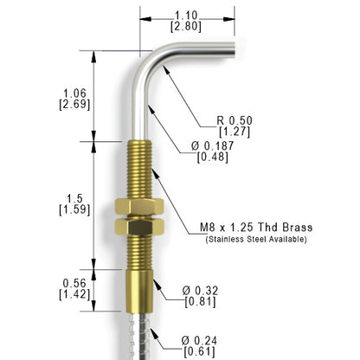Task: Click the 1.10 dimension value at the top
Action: [x=186, y=16]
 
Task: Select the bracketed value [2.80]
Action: [x=186, y=27]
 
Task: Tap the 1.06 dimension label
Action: [x=74, y=93]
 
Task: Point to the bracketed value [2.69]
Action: [x=74, y=105]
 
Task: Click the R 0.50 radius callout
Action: [x=235, y=120]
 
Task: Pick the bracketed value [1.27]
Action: [x=235, y=132]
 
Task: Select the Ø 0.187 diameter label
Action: [x=213, y=146]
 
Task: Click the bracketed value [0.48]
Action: [x=213, y=157]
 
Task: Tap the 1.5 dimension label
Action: [x=74, y=198]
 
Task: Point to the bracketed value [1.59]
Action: [x=74, y=209]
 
